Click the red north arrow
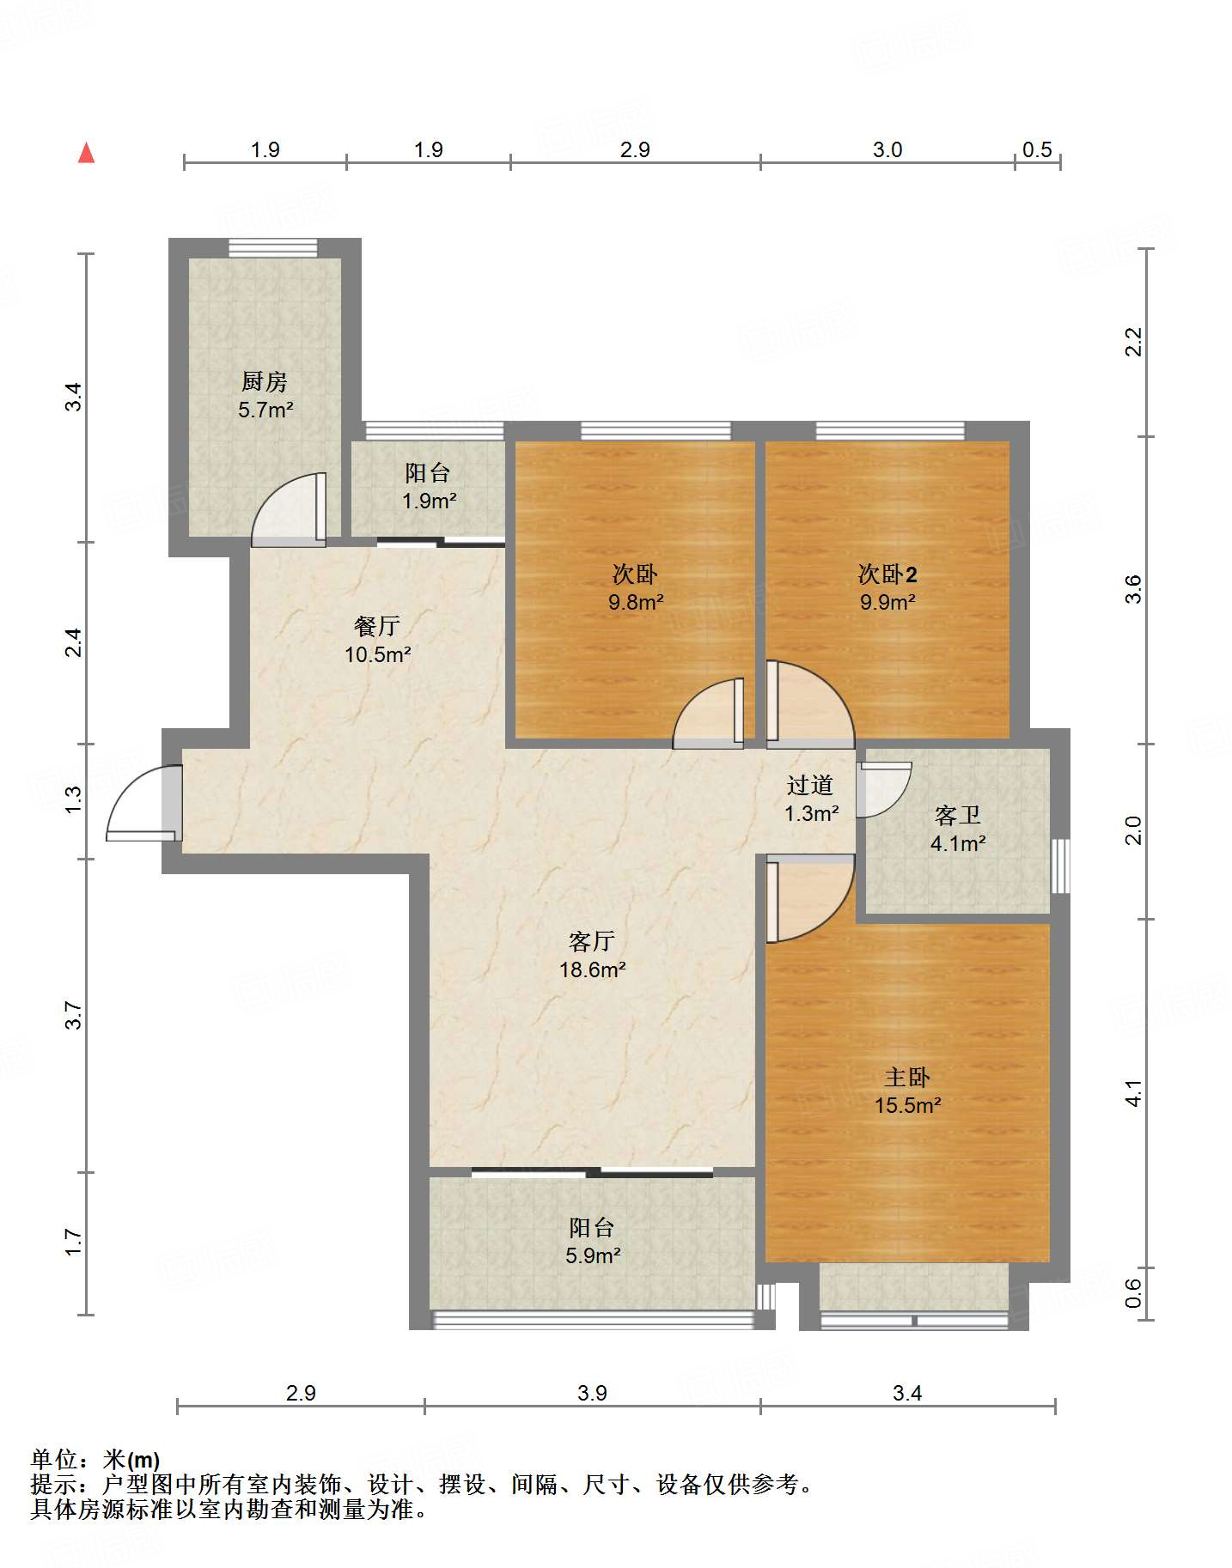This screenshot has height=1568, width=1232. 86,153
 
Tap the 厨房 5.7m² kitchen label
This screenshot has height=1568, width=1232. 265,395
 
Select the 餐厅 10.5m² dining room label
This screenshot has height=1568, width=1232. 377,640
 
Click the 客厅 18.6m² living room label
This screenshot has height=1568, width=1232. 592,955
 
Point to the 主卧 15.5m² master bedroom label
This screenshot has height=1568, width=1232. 908,1091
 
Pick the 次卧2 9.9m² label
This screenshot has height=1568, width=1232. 887,587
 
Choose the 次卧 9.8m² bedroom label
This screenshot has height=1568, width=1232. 636,587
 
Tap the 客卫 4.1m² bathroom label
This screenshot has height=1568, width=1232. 958,829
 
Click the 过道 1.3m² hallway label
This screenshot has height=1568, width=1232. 811,799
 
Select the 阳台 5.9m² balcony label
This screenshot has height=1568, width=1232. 593,1241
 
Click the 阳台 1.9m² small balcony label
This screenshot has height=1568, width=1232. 429,486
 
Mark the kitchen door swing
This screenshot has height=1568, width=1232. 289,510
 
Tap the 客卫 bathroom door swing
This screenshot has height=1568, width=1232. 883,789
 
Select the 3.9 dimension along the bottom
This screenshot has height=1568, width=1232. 592,1393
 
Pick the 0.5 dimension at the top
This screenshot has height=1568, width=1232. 1037,149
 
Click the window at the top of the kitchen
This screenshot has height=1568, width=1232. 272,247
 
